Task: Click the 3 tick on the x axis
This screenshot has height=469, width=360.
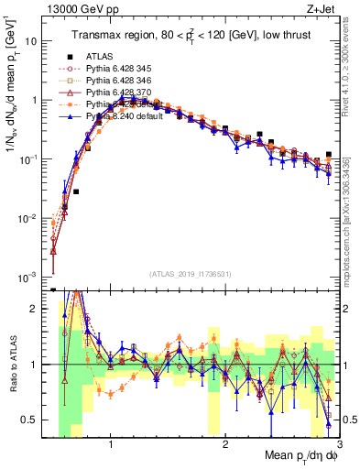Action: click(x=338, y=442)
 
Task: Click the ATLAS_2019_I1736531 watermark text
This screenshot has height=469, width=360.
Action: click(x=191, y=274)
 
